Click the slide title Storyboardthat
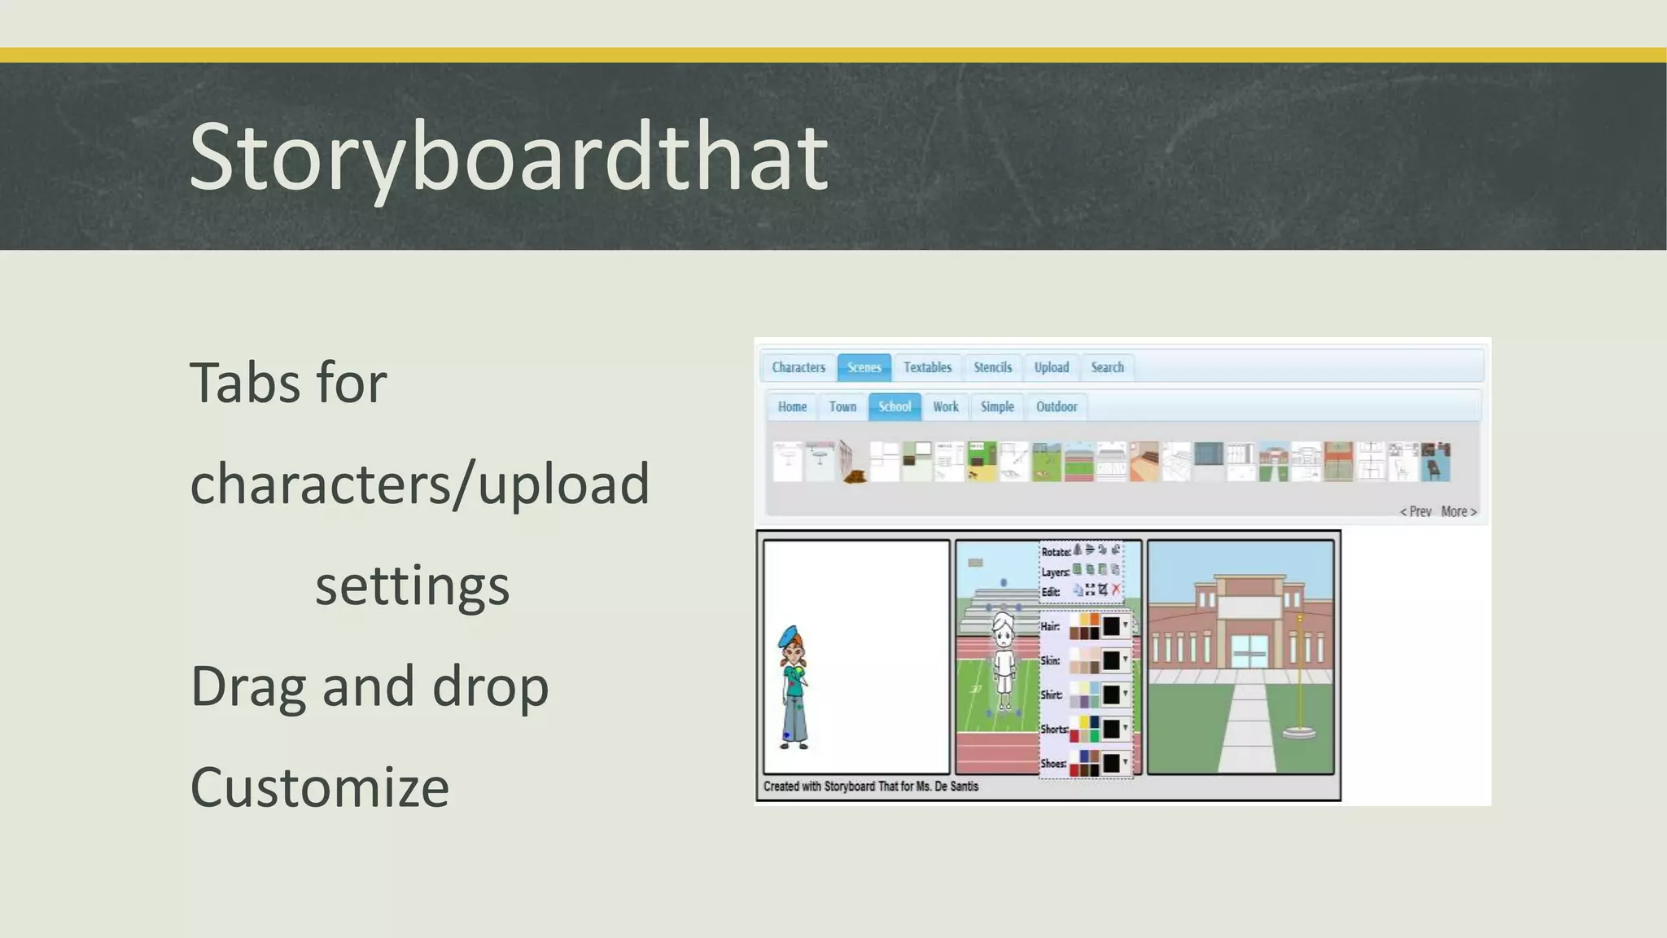(508, 156)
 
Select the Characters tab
(798, 367)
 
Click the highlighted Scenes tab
(864, 367)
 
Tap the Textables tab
(927, 367)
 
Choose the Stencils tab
(992, 367)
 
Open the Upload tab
(1051, 367)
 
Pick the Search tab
(1107, 367)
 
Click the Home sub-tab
(791, 406)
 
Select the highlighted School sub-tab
(894, 406)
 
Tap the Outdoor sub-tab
(1056, 406)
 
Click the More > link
(1458, 511)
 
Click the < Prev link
(1415, 511)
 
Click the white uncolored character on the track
(1004, 660)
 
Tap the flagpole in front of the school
(1299, 676)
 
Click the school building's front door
(1249, 651)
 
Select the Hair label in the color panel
(1050, 626)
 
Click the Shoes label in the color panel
(1052, 764)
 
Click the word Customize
(319, 787)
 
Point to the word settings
(412, 585)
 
